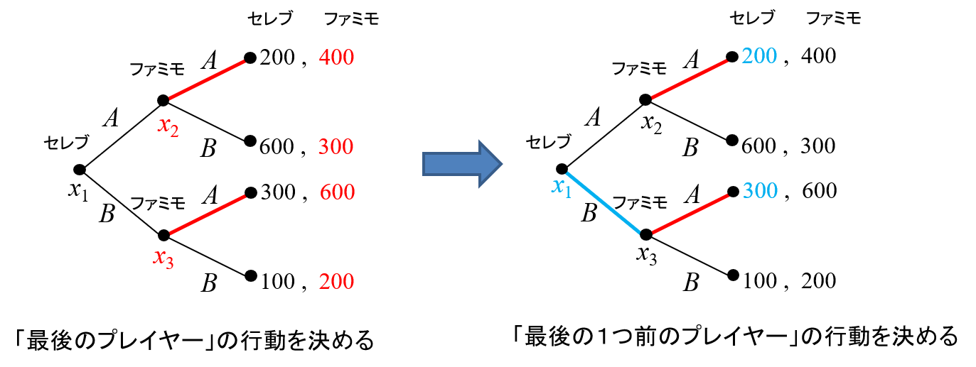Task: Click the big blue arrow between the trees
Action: (462, 164)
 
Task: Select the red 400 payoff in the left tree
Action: (336, 57)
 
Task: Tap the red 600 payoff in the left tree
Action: (337, 192)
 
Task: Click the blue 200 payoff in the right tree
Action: (759, 56)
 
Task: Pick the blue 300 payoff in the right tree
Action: (761, 191)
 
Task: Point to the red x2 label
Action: (168, 126)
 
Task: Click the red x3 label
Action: (163, 258)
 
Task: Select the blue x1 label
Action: (561, 187)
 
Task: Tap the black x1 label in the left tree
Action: (78, 191)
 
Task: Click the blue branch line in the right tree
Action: (604, 202)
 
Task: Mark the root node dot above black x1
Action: (80, 170)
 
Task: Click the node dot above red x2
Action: (163, 101)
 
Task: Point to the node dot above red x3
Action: (163, 236)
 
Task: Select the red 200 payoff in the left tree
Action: (336, 281)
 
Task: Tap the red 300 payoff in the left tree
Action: (336, 146)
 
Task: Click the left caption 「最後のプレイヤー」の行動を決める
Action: (194, 340)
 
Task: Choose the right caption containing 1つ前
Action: (736, 336)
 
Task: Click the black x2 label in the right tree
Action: (651, 124)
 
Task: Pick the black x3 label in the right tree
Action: (647, 255)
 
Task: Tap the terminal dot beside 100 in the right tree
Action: (734, 275)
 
